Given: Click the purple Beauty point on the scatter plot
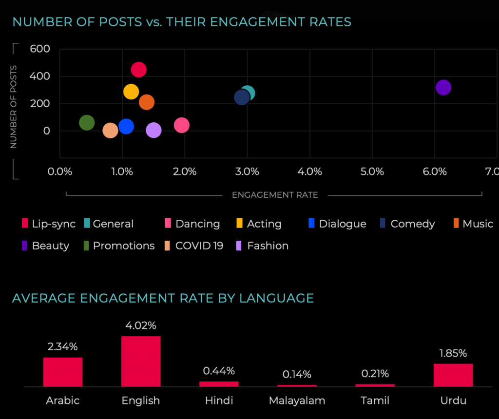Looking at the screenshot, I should click(443, 88).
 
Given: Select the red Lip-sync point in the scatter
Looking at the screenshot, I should click(138, 70).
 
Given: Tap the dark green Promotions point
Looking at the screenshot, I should click(86, 123).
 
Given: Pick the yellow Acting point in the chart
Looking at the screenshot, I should click(131, 92).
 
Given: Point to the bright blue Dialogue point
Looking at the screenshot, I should click(126, 127).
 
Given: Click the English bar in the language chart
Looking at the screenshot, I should click(141, 361).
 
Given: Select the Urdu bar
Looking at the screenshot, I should click(453, 375).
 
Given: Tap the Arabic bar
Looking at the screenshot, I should click(63, 372).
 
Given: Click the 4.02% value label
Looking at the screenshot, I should click(141, 325).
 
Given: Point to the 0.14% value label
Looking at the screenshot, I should click(297, 375).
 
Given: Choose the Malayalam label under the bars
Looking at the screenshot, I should click(297, 400).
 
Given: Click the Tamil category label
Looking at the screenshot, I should click(375, 400).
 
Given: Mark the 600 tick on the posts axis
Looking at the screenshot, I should click(40, 49).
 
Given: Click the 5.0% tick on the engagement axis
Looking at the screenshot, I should click(372, 171).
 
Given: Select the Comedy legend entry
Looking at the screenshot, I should click(412, 224).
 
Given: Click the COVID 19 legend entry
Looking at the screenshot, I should click(199, 246).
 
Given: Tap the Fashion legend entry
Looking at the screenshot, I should click(268, 246).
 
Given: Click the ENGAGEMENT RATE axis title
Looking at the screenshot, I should click(275, 195).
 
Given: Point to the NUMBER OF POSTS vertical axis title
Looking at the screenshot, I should click(14, 106).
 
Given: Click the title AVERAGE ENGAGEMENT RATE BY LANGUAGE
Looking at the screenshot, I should click(163, 298).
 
